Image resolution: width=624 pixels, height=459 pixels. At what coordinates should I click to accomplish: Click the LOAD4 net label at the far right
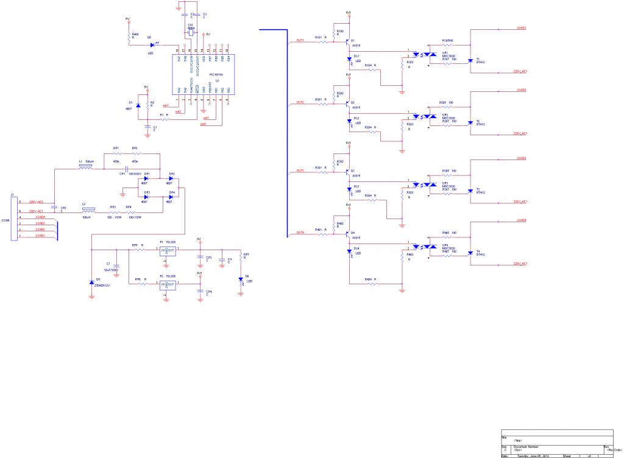[x=521, y=220]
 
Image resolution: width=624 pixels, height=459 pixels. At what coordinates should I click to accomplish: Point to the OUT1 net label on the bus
[x=300, y=40]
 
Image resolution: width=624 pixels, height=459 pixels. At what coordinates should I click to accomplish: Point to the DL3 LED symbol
[x=349, y=189]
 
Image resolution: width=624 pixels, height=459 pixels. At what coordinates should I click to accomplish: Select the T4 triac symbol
[x=470, y=251]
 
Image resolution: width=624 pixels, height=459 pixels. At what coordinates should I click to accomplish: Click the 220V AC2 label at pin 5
[x=36, y=201]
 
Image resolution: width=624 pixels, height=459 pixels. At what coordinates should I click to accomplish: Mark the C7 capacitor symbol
[x=116, y=267]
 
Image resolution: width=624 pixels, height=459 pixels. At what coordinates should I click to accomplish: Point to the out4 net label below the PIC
[x=203, y=124]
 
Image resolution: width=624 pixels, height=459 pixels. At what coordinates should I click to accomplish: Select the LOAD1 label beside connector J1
[x=41, y=236]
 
